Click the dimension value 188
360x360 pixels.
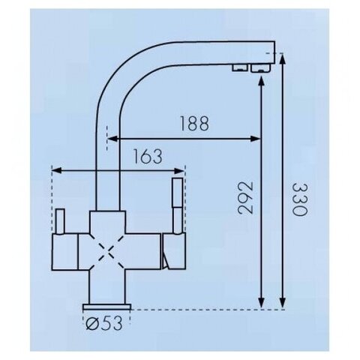pos(194,123)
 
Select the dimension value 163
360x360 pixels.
pos(148,156)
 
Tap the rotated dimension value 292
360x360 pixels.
pos(246,198)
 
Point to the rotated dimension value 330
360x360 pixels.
pos(299,199)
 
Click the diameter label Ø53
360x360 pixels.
pos(104,323)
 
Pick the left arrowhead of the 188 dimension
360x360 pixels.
pos(112,139)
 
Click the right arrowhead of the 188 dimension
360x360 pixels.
pos(256,139)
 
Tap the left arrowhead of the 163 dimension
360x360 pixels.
pos(56,171)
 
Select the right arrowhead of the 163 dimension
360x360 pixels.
pos(179,171)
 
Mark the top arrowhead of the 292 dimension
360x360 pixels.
pos(261,82)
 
